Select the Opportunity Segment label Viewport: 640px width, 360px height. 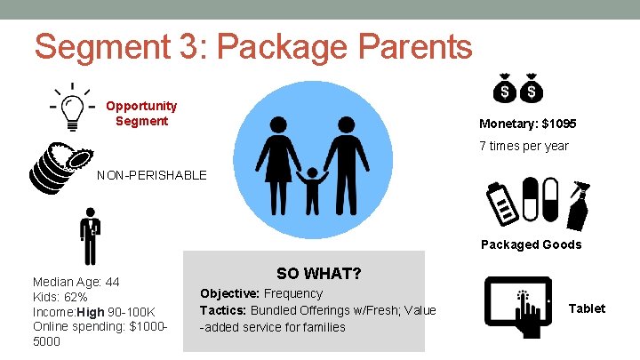141,113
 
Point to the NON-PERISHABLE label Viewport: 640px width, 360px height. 151,175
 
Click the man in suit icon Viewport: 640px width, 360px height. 90,236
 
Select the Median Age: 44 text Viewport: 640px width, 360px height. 76,282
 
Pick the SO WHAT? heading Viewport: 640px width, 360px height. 318,273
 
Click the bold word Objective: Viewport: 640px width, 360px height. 230,293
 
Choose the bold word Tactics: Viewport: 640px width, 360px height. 223,310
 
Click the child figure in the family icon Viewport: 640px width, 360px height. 312,188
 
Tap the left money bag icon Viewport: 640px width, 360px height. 504,88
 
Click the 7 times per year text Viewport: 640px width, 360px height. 524,145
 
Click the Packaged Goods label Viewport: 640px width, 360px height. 531,244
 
